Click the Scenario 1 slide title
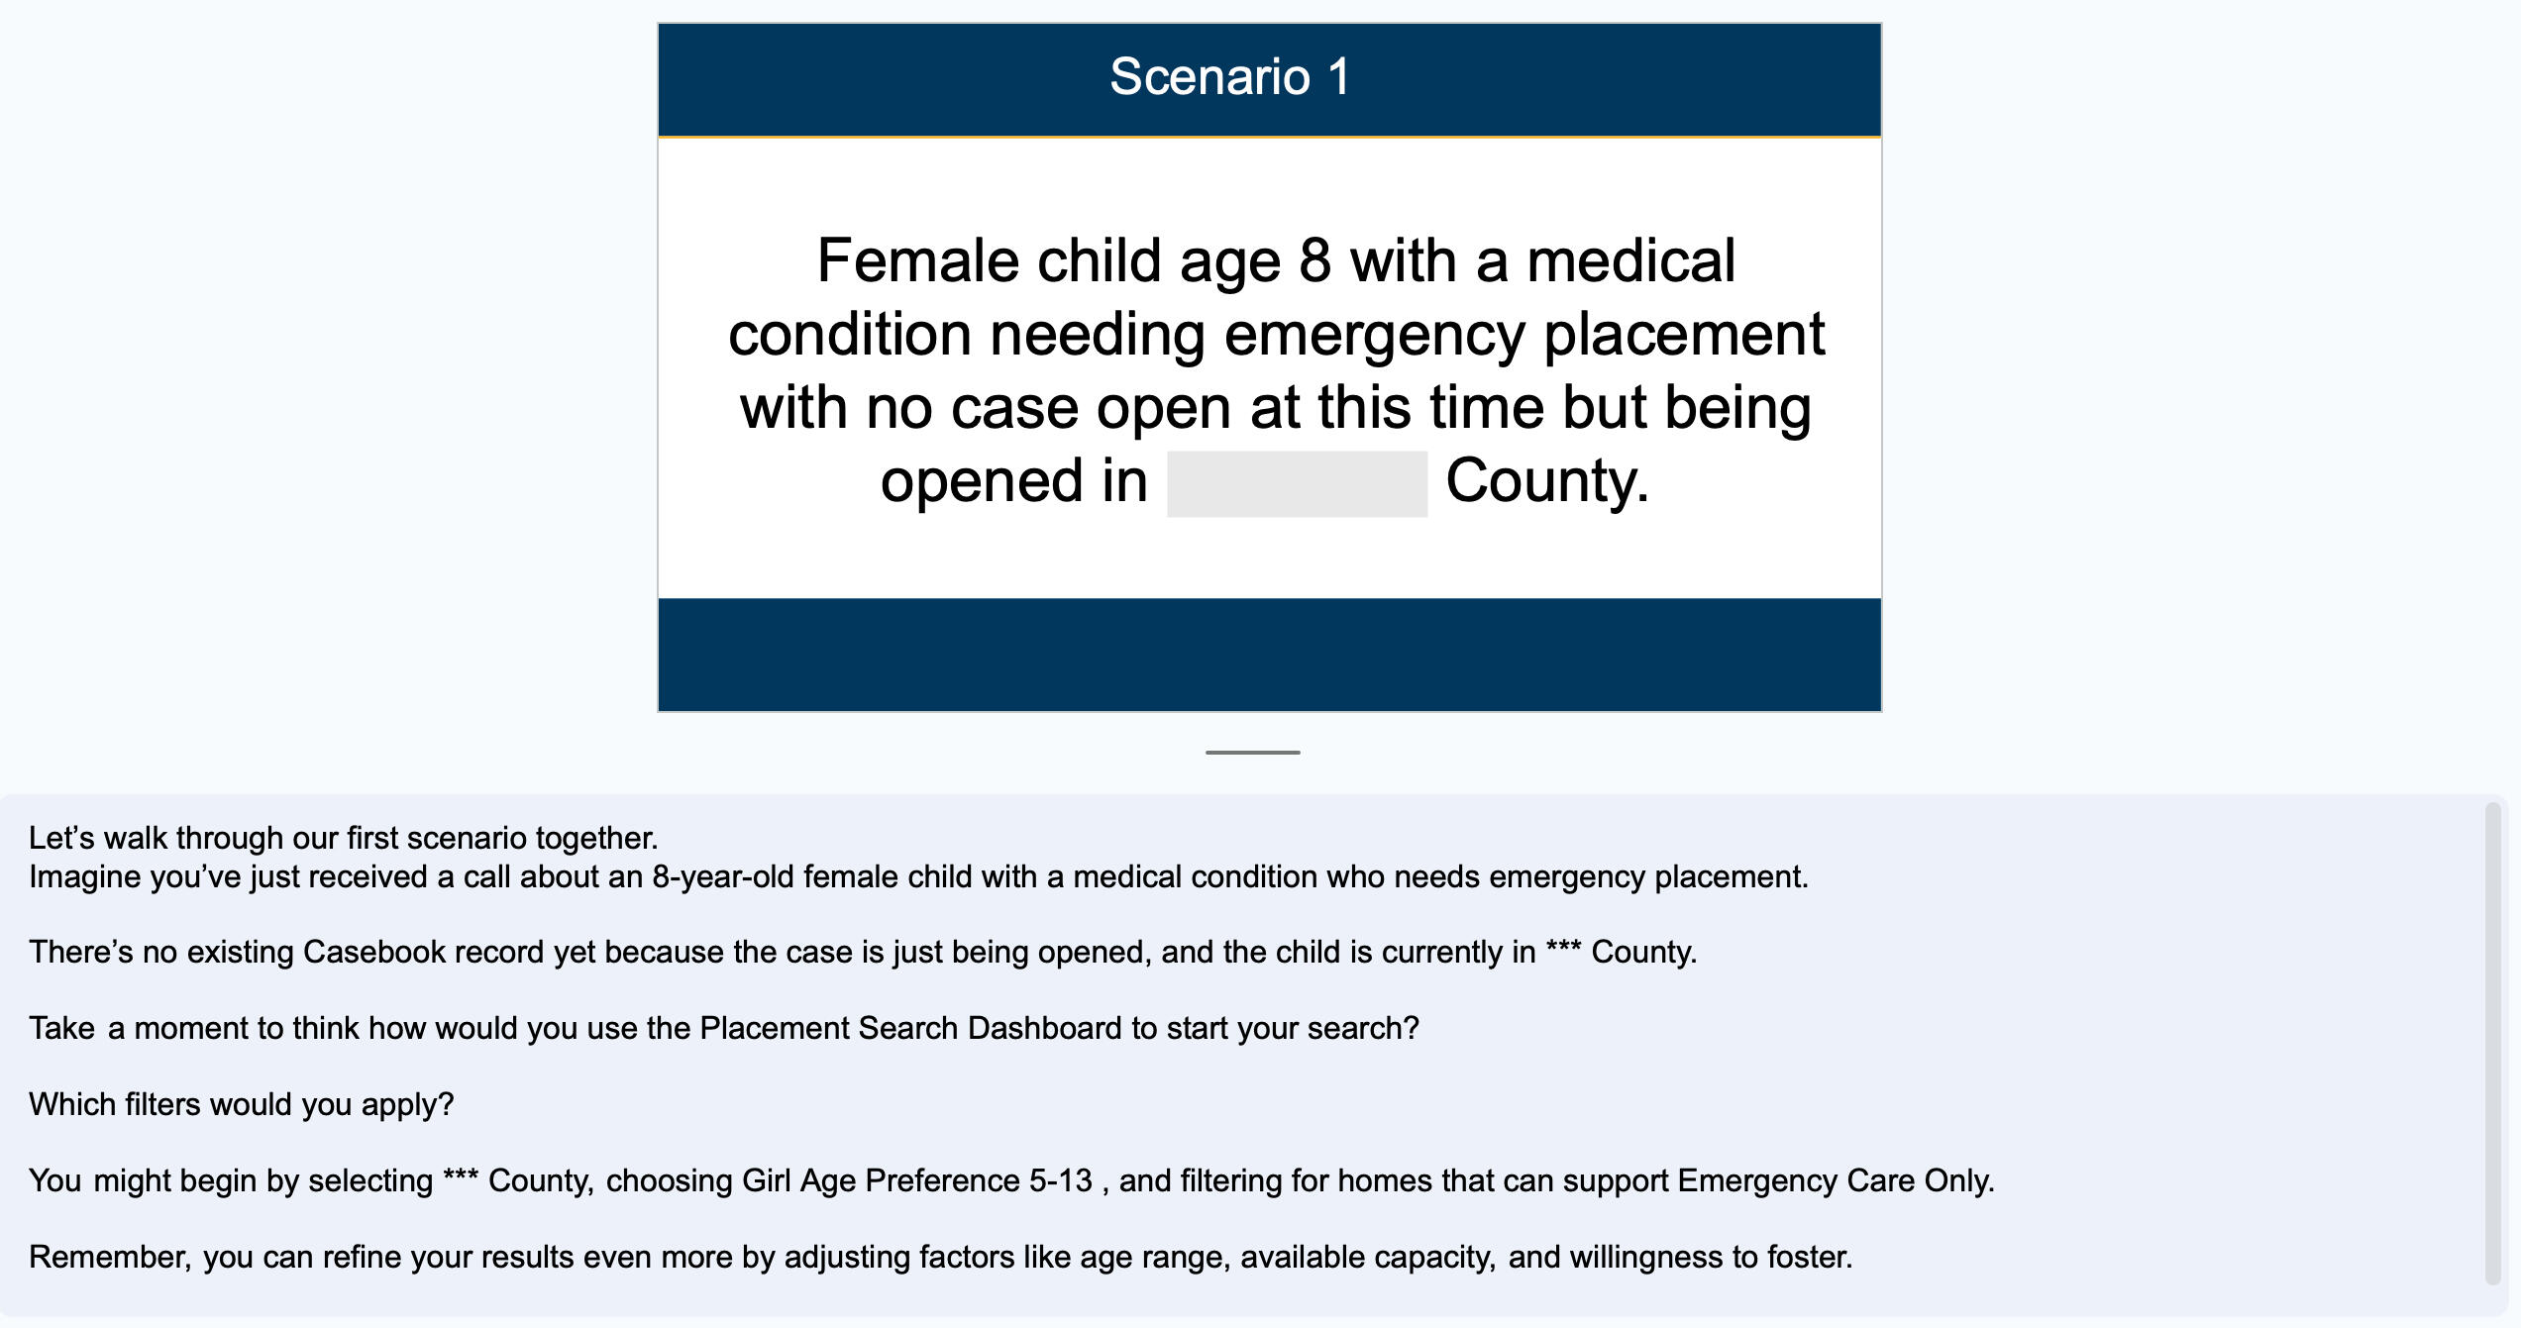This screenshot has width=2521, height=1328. (x=1229, y=77)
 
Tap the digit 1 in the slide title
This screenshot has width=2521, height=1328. (x=1339, y=77)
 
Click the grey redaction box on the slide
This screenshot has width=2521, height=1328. (x=1297, y=483)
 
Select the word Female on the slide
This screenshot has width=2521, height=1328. (x=917, y=261)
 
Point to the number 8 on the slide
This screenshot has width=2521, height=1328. (x=1314, y=261)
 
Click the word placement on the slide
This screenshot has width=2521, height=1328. (x=1683, y=335)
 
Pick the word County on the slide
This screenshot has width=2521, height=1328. (x=1545, y=481)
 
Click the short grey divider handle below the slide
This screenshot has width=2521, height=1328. (x=1252, y=753)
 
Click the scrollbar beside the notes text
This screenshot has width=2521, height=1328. (x=2492, y=1044)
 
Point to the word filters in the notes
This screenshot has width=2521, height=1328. (x=162, y=1104)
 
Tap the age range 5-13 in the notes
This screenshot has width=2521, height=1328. (x=1060, y=1180)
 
